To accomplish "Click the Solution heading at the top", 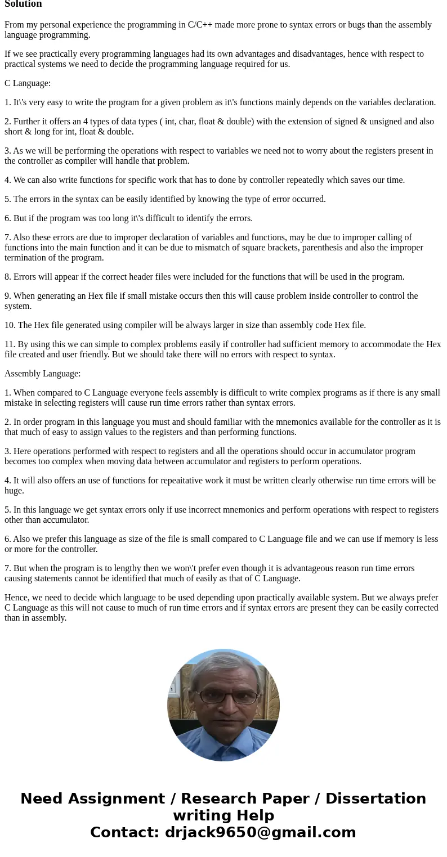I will click(x=23, y=4).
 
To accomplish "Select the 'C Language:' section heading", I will click(x=28, y=83).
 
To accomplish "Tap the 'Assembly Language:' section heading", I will click(x=42, y=374).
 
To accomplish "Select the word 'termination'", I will click(x=28, y=258).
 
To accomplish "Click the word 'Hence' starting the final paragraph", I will click(x=17, y=598).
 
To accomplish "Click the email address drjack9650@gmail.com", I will click(x=260, y=833).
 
